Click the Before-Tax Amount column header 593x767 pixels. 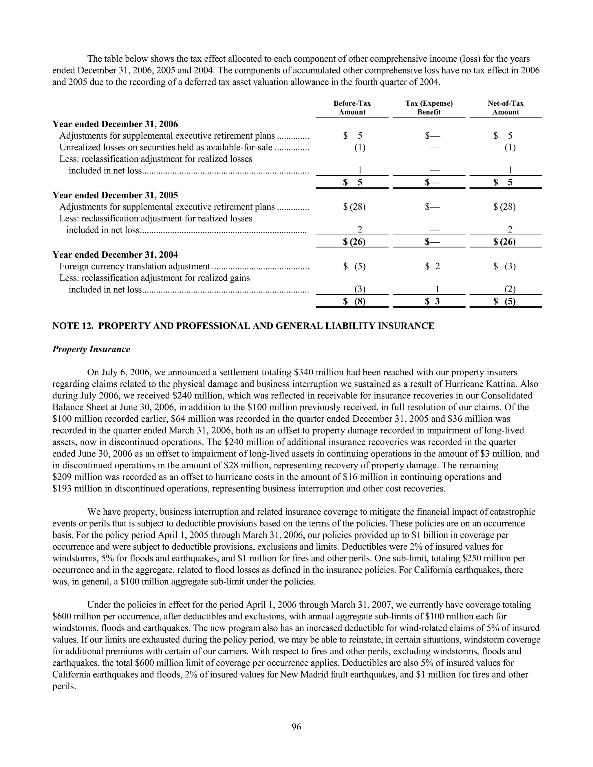pos(352,107)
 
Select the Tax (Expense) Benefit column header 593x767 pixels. pos(429,107)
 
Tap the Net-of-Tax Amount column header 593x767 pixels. pos(506,107)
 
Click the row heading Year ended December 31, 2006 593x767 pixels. pos(115,124)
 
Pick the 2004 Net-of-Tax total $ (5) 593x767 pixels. pos(504,301)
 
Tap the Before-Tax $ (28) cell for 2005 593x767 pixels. pos(354,207)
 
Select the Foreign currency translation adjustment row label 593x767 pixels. pos(135,267)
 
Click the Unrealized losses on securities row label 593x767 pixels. pos(166,148)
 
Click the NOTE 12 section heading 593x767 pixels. pos(243,326)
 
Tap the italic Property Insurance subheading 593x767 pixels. pos(91,349)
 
